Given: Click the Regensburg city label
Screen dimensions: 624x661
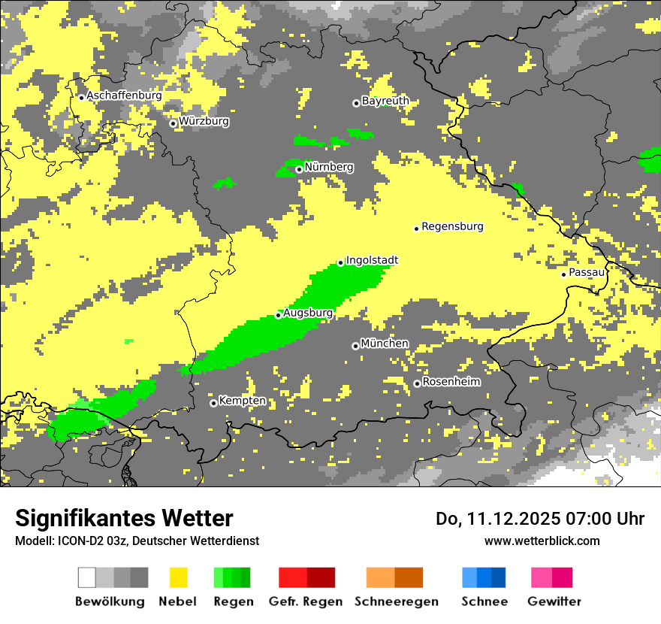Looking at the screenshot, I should coord(452,226).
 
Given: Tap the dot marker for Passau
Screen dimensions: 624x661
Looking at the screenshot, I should coord(563,274).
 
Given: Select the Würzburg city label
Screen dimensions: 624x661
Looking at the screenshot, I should coord(204,121).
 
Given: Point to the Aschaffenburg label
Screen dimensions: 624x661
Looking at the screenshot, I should coord(124,95).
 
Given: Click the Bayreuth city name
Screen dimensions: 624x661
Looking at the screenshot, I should coord(385,101).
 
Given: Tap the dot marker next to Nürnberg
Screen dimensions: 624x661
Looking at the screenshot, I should coord(299,169).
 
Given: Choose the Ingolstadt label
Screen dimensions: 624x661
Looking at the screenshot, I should coord(372,260).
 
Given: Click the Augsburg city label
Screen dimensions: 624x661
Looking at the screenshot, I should coord(308,313).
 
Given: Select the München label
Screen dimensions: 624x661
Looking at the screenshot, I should coord(385,344).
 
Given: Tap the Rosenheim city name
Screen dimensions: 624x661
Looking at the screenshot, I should coord(451,382).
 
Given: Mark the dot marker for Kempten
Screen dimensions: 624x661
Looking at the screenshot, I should coord(213,403).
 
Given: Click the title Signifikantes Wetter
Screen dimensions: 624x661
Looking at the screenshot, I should coord(124,519).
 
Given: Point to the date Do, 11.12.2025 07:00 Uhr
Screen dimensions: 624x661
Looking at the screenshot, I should coord(540,519).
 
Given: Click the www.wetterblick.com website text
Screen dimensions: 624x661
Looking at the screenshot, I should coord(542,541).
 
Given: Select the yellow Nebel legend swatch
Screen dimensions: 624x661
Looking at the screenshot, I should coord(178,577).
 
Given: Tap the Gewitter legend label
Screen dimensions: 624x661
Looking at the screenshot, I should coord(554,601).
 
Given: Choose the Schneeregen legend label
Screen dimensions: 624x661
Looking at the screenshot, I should coord(397,601).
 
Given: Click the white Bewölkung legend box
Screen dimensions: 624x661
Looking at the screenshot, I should coord(87,577).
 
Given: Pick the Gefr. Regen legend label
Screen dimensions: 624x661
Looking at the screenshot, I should coord(306,601).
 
